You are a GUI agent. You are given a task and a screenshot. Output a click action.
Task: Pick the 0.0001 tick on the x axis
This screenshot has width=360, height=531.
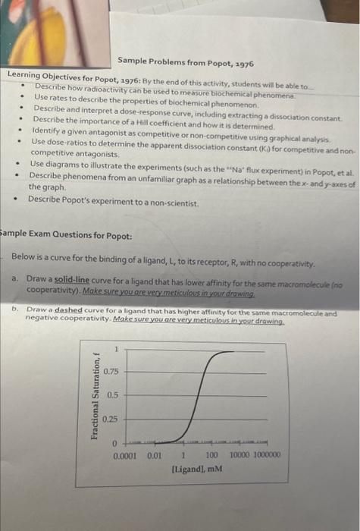point(124,455)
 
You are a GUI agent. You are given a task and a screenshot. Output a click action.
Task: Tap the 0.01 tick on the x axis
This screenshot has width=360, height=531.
point(153,455)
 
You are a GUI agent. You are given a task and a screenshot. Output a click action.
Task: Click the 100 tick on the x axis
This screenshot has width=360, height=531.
point(211,455)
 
